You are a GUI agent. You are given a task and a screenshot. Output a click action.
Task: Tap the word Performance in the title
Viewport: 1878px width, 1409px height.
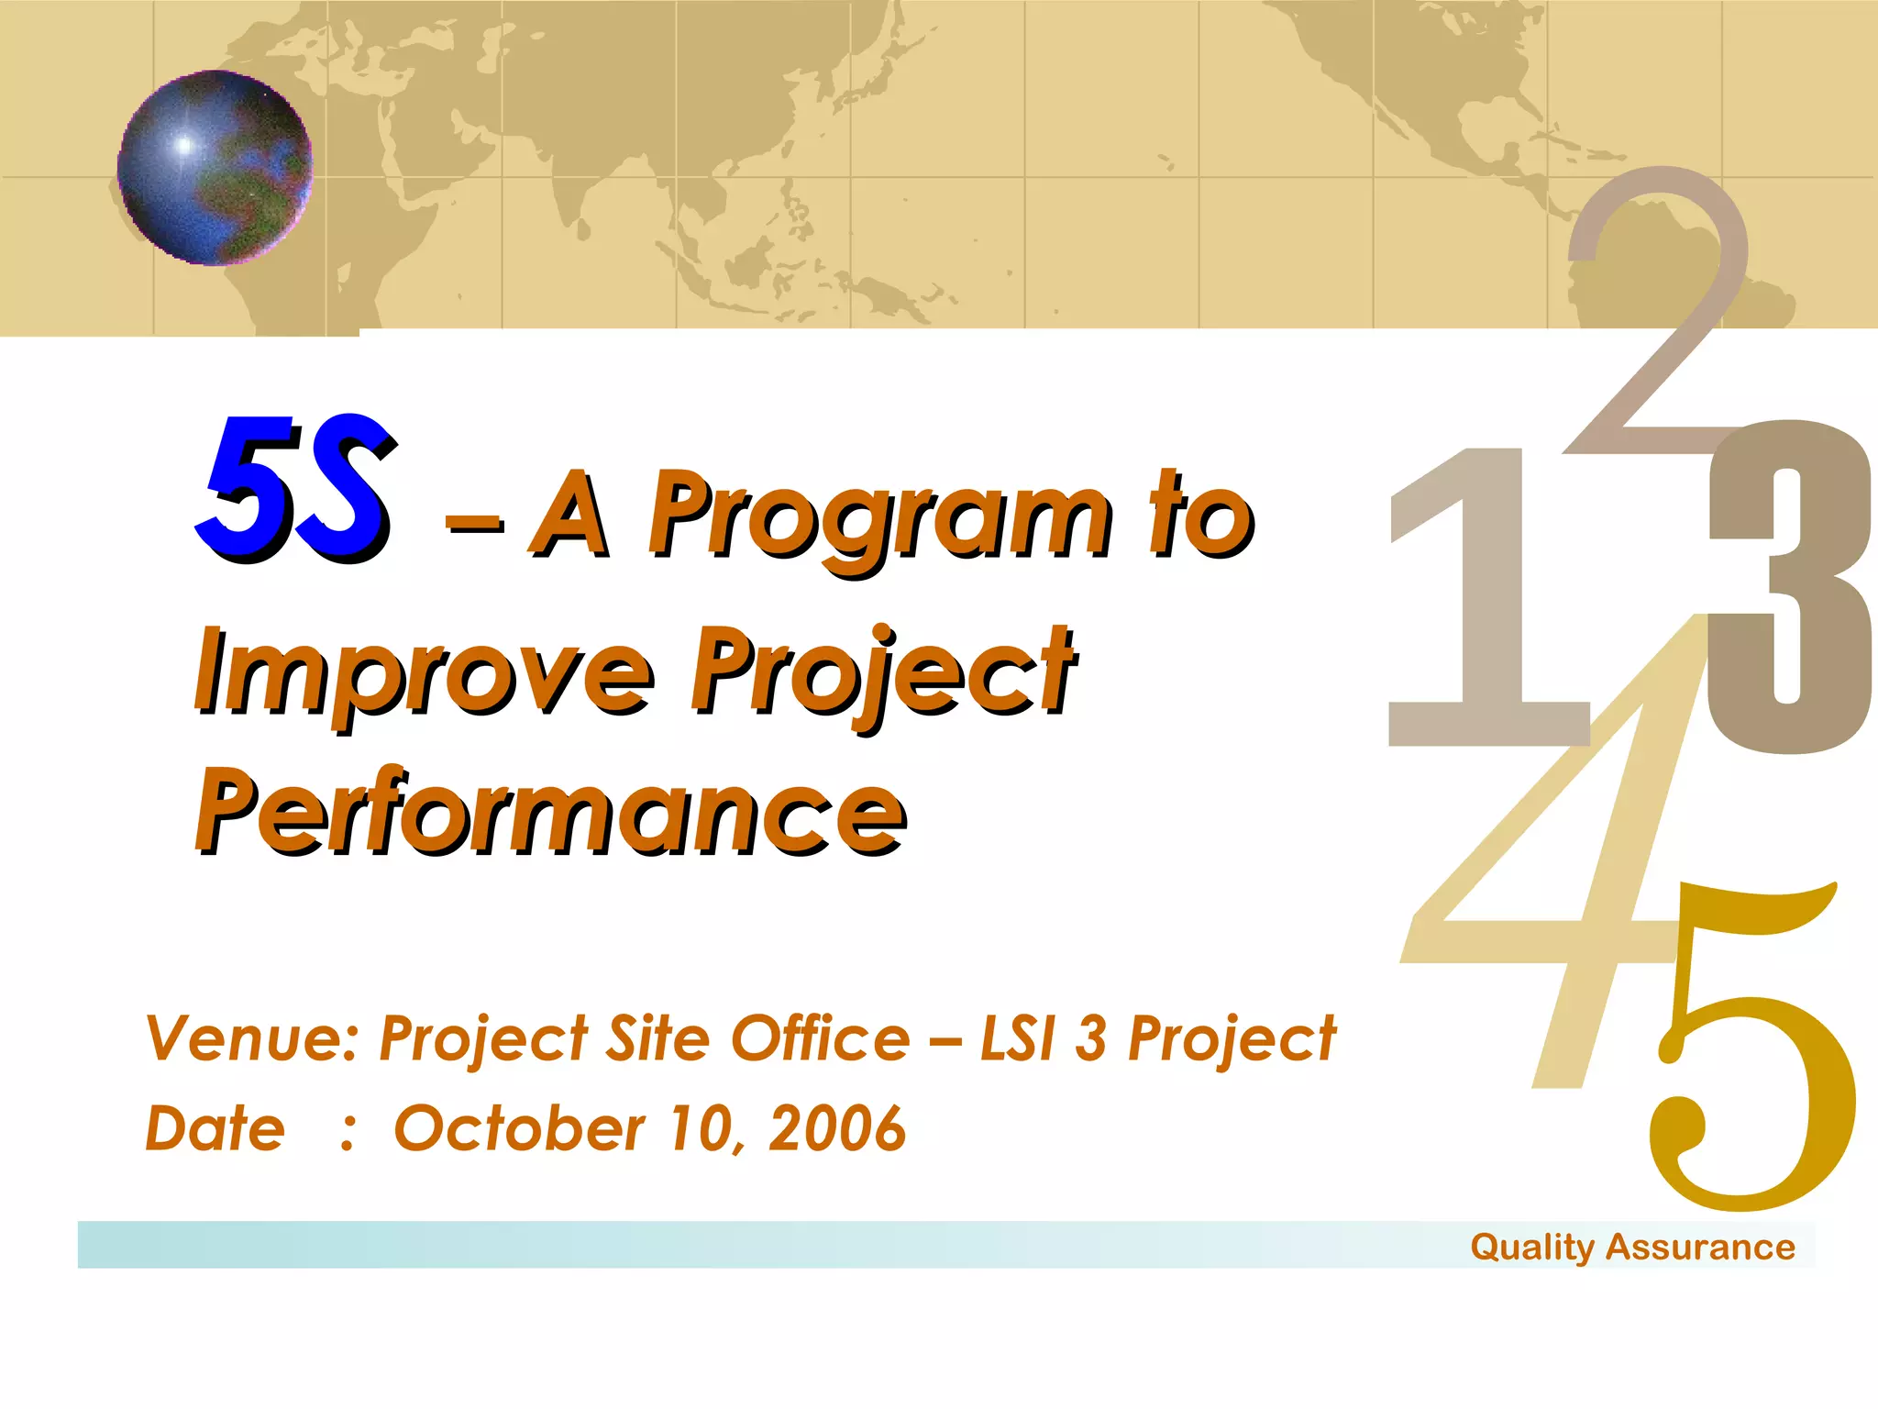550,812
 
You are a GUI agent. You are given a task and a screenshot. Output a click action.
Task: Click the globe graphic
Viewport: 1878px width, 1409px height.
215,168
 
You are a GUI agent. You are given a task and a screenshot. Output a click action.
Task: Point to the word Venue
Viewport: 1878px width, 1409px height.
252,1039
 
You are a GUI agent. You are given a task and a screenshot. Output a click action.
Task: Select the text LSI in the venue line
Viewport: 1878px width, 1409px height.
1017,1039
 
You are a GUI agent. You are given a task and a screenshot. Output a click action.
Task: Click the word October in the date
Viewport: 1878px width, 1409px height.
519,1128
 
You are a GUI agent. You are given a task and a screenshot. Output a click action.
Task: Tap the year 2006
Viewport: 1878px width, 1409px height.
836,1128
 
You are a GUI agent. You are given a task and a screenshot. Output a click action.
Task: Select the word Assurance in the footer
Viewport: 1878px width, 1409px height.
1700,1248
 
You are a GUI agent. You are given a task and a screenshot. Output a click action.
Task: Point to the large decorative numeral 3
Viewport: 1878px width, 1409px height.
1788,587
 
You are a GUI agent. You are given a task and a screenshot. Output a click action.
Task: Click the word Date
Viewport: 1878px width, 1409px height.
215,1128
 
